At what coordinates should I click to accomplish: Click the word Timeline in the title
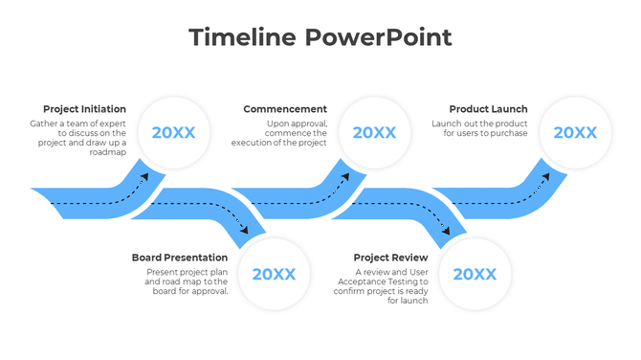pyautogui.click(x=242, y=37)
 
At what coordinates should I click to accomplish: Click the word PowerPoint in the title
pyautogui.click(x=378, y=37)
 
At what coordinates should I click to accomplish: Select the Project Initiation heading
pyautogui.click(x=84, y=109)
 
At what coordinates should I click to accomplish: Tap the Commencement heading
pyautogui.click(x=285, y=109)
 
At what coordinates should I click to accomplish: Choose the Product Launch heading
pyautogui.click(x=488, y=109)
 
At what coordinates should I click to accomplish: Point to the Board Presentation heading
pyautogui.click(x=180, y=258)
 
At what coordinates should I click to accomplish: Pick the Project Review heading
pyautogui.click(x=390, y=258)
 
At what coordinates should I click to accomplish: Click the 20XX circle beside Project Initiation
pyautogui.click(x=173, y=133)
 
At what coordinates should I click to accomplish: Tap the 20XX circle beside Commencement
pyautogui.click(x=374, y=133)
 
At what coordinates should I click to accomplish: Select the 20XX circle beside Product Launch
pyautogui.click(x=575, y=133)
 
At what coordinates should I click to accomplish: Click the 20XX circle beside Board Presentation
pyautogui.click(x=274, y=275)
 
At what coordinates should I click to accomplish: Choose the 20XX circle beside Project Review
pyautogui.click(x=475, y=275)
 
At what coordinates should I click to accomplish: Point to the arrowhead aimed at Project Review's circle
pyautogui.click(x=447, y=231)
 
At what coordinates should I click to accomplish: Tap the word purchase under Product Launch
pyautogui.click(x=507, y=133)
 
